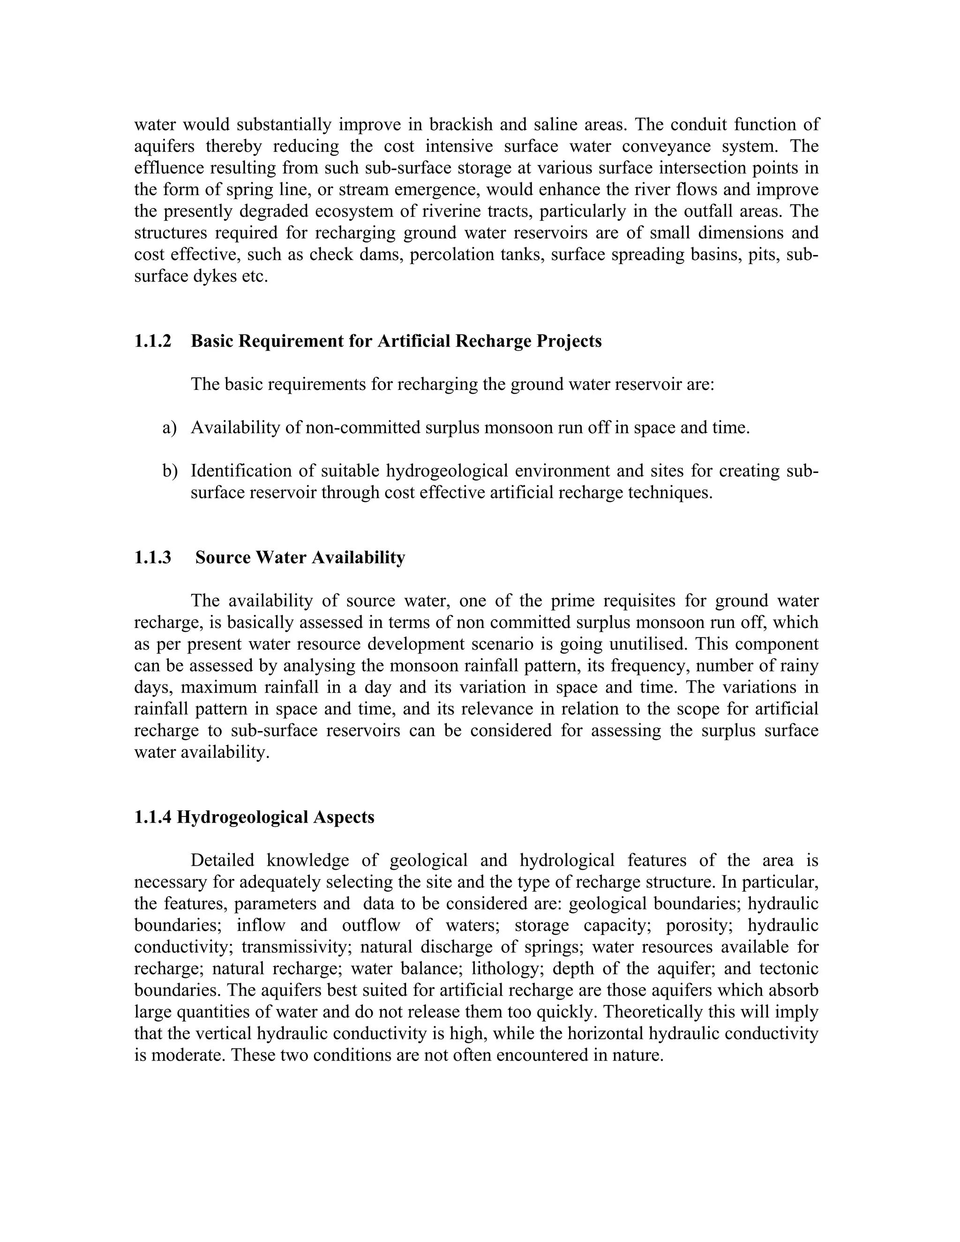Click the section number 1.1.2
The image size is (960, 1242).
(152, 341)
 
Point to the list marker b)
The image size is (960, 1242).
(170, 471)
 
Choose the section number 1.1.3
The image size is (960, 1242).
(152, 557)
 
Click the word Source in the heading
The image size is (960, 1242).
(223, 557)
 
